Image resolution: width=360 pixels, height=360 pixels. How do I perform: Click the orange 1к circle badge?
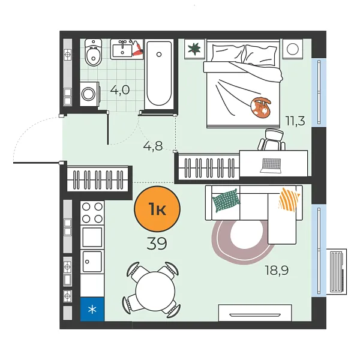point(157,209)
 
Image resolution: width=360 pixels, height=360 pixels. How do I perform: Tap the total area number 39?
point(157,244)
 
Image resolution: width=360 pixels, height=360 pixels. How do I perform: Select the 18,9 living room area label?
point(277,270)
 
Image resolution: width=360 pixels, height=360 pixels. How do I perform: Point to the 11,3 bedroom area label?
point(295,121)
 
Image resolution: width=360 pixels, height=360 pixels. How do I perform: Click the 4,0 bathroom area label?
point(120,90)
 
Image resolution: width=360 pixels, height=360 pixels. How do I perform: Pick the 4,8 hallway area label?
point(153,146)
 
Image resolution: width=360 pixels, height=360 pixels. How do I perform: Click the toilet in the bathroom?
point(93,53)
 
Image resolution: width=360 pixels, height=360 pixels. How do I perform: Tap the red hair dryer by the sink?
point(137,50)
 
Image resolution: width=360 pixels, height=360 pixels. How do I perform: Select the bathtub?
point(159,74)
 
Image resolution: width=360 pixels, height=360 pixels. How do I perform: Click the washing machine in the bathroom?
point(89,94)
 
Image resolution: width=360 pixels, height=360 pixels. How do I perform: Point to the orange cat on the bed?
point(261,106)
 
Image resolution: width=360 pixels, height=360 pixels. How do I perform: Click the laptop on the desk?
point(271,166)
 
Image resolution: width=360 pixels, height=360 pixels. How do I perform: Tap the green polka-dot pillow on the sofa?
point(226,200)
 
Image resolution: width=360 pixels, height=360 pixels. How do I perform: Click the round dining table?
point(155,290)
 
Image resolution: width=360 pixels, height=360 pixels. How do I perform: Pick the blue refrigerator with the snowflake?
point(92,309)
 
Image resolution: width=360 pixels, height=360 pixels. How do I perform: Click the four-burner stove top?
point(92,212)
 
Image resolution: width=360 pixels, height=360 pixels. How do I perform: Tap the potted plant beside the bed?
point(194,49)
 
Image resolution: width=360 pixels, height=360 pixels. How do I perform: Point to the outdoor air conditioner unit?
point(337,272)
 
